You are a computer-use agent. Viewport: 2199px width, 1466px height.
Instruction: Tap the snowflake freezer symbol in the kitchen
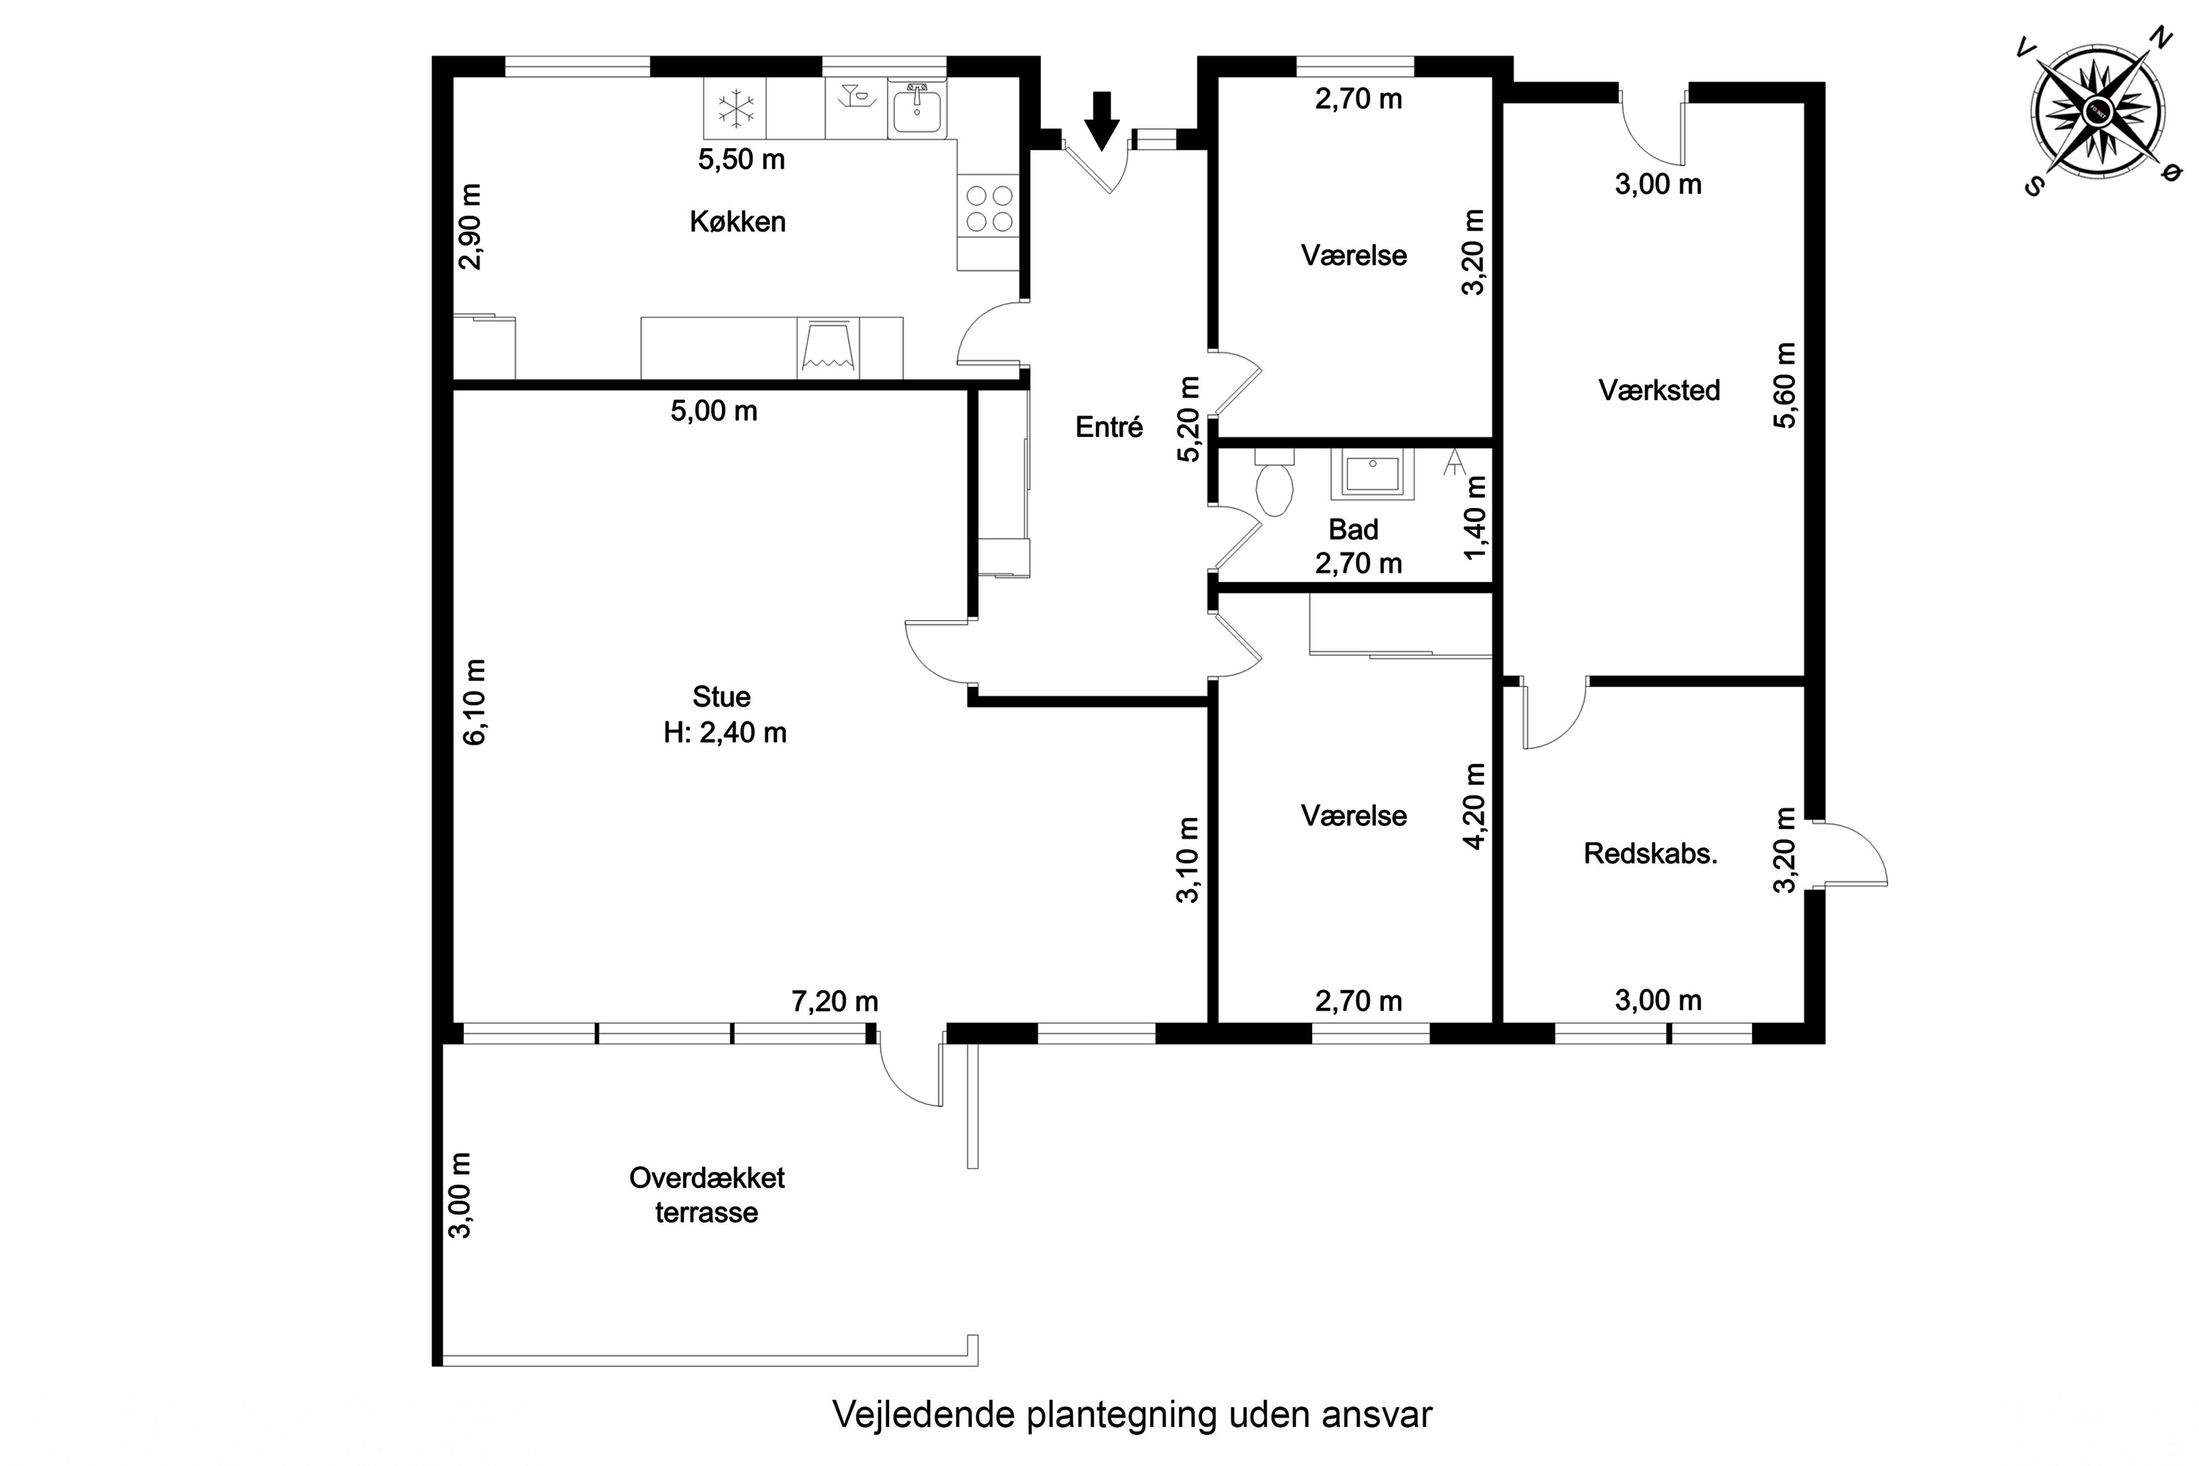[x=736, y=108]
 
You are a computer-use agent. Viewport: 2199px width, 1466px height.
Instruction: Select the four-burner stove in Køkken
[x=989, y=208]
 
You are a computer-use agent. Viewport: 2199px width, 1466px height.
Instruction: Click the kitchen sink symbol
[x=916, y=108]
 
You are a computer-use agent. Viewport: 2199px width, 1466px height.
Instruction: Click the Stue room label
[x=721, y=696]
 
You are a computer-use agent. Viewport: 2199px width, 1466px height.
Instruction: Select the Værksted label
[x=1659, y=390]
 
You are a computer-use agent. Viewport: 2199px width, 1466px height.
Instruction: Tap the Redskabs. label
[x=1650, y=854]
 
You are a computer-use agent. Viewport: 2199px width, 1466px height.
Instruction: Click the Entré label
[x=1109, y=427]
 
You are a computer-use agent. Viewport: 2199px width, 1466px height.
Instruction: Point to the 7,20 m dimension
[x=835, y=1001]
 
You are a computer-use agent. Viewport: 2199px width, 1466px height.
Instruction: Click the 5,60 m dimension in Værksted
[x=1785, y=386]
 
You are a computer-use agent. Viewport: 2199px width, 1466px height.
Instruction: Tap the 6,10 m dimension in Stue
[x=475, y=701]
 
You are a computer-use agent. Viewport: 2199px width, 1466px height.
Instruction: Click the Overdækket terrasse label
[x=707, y=1195]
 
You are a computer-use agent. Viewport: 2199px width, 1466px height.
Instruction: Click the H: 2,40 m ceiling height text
[x=725, y=732]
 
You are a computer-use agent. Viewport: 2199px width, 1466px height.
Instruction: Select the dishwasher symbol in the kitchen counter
[x=828, y=347]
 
